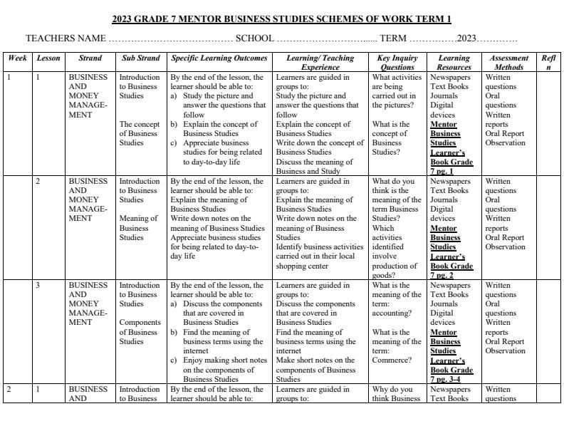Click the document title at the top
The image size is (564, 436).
pyautogui.click(x=282, y=19)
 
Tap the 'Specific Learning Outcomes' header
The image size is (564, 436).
pyautogui.click(x=219, y=58)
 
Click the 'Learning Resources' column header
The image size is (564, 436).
pyautogui.click(x=454, y=63)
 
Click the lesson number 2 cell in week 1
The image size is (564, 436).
pyautogui.click(x=38, y=182)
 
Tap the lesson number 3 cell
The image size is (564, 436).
pyautogui.click(x=38, y=286)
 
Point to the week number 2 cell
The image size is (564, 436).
pyautogui.click(x=9, y=390)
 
